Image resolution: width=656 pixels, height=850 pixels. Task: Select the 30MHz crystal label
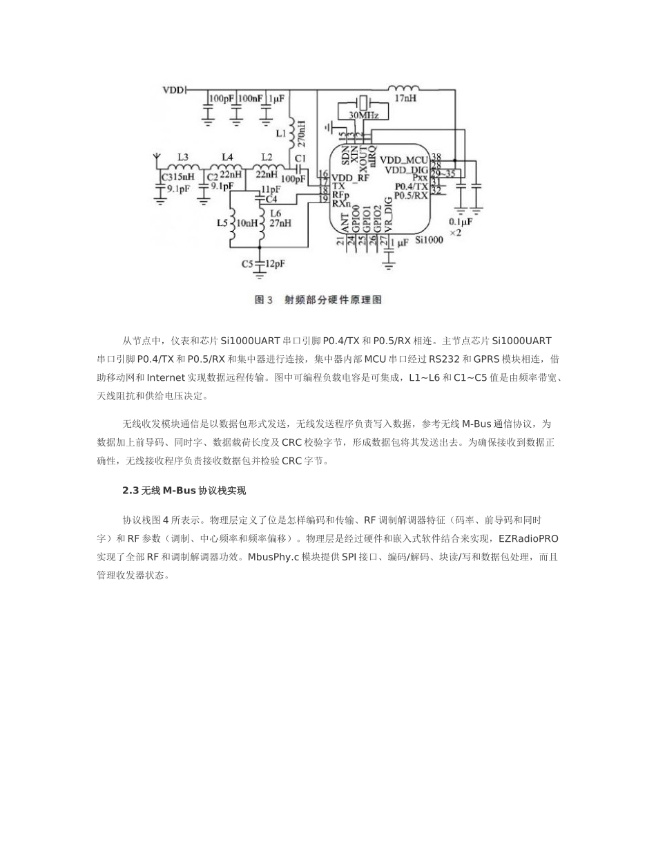(x=363, y=115)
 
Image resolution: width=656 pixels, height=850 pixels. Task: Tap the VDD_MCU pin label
(x=405, y=158)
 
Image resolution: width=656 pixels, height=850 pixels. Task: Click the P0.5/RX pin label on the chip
(x=411, y=196)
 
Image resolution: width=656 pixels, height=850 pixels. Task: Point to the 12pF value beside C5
(x=275, y=264)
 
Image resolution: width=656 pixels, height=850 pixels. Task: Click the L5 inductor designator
(x=222, y=223)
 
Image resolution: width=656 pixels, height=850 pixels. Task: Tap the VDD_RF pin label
(x=349, y=177)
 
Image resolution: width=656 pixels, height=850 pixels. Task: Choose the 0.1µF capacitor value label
(x=461, y=223)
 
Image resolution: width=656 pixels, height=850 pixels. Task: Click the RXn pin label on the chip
(x=340, y=203)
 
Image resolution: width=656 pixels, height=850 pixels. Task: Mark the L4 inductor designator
(x=226, y=157)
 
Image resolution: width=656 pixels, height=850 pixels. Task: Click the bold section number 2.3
(x=131, y=491)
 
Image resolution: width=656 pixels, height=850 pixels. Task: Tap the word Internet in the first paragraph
(x=166, y=378)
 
